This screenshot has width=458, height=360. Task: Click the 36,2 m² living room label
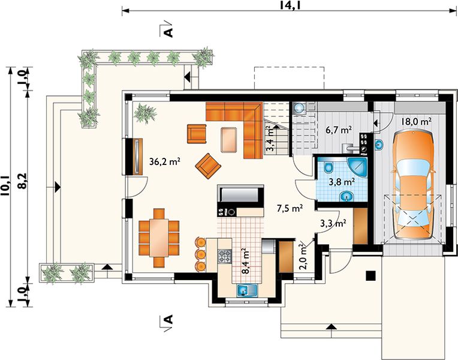pyautogui.click(x=164, y=161)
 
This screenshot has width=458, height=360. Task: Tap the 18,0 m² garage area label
pyautogui.click(x=416, y=121)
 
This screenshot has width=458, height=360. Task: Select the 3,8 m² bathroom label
pyautogui.click(x=342, y=182)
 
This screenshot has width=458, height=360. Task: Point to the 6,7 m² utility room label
pyautogui.click(x=338, y=129)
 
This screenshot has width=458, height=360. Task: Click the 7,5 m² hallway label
pyautogui.click(x=289, y=208)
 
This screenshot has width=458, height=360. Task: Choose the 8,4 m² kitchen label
pyautogui.click(x=245, y=261)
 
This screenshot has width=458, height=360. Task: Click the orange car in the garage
pyautogui.click(x=413, y=185)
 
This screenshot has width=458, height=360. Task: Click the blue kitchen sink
pyautogui.click(x=247, y=290)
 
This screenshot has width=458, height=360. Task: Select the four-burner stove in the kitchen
pyautogui.click(x=225, y=256)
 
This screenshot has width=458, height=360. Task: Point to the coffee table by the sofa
pyautogui.click(x=229, y=140)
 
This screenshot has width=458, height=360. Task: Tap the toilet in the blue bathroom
pyautogui.click(x=329, y=166)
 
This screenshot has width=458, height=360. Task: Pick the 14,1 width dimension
pyautogui.click(x=290, y=5)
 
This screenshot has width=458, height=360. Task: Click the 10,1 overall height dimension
pyautogui.click(x=5, y=185)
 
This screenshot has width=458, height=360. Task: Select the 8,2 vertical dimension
pyautogui.click(x=23, y=181)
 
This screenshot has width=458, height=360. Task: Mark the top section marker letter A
pyautogui.click(x=169, y=32)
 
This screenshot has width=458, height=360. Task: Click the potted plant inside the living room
pyautogui.click(x=145, y=113)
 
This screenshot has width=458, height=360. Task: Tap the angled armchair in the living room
pyautogui.click(x=207, y=166)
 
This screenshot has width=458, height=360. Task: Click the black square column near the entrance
pyautogui.click(x=370, y=276)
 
